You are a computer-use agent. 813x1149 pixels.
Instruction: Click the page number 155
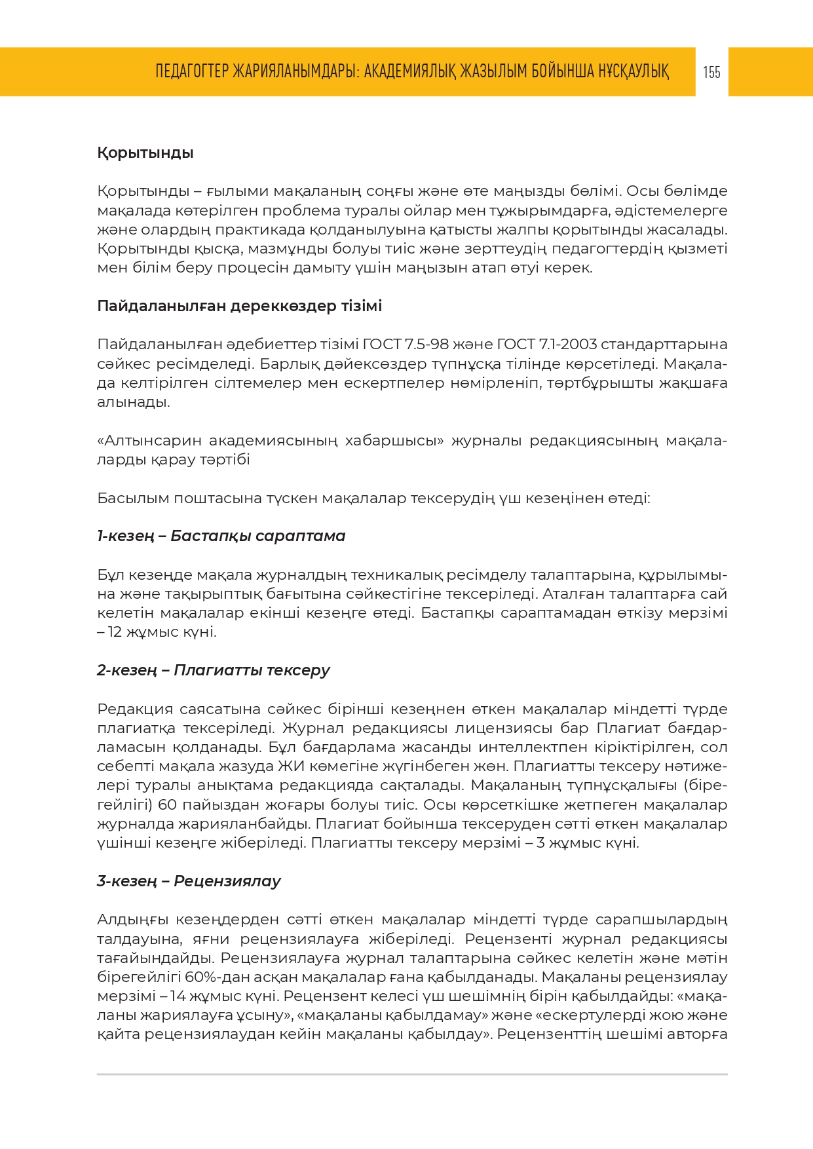[711, 72]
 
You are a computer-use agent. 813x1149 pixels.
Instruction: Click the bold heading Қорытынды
[145, 153]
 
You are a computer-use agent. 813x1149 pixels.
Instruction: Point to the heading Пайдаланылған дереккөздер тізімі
[239, 307]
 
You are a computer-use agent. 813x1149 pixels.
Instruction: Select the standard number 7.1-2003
[567, 345]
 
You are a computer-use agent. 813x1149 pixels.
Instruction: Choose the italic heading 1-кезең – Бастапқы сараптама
[221, 536]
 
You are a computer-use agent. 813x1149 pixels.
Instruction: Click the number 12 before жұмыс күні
[115, 632]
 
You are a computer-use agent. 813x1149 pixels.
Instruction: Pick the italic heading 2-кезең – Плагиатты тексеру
[213, 670]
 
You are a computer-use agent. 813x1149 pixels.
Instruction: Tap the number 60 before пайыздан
[168, 804]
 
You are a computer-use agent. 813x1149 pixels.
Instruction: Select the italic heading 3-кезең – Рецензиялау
[189, 881]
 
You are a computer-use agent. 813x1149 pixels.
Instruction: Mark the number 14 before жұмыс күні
[178, 996]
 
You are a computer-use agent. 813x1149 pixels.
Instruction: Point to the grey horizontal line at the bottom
[412, 1074]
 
